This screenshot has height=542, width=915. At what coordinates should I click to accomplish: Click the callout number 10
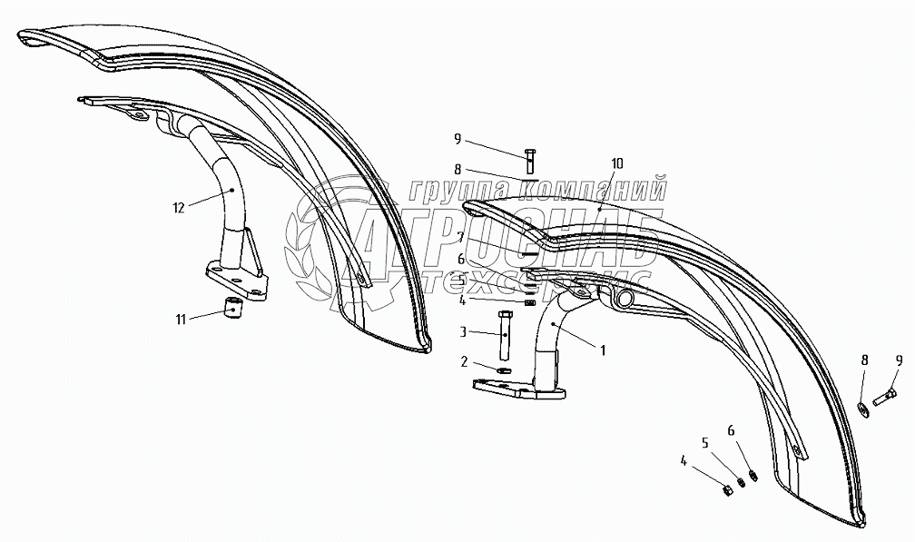click(x=617, y=163)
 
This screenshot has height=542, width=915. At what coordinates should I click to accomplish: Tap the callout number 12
click(x=179, y=207)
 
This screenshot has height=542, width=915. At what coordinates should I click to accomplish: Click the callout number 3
click(x=462, y=332)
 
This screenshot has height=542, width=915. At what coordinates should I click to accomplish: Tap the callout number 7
click(x=462, y=236)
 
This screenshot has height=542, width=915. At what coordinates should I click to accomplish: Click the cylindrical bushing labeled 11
click(x=232, y=310)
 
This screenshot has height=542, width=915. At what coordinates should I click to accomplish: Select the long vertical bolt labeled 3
click(x=505, y=333)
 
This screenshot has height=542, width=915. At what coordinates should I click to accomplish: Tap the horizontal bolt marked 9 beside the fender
click(x=886, y=396)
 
